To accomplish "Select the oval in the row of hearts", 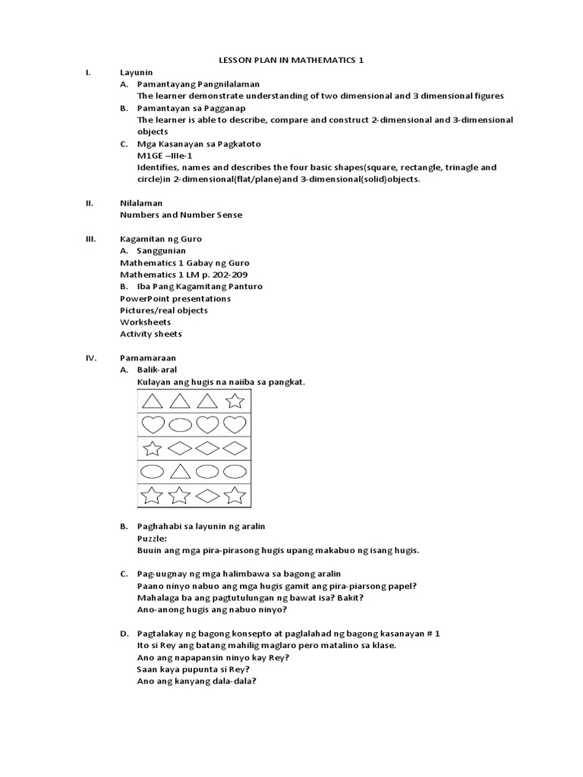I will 180,424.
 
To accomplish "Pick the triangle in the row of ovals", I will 180,472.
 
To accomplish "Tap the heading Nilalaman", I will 140,203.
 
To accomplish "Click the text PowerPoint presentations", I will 175,298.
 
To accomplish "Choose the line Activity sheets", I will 150,334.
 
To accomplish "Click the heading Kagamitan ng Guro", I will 161,238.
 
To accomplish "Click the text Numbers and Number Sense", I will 181,215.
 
